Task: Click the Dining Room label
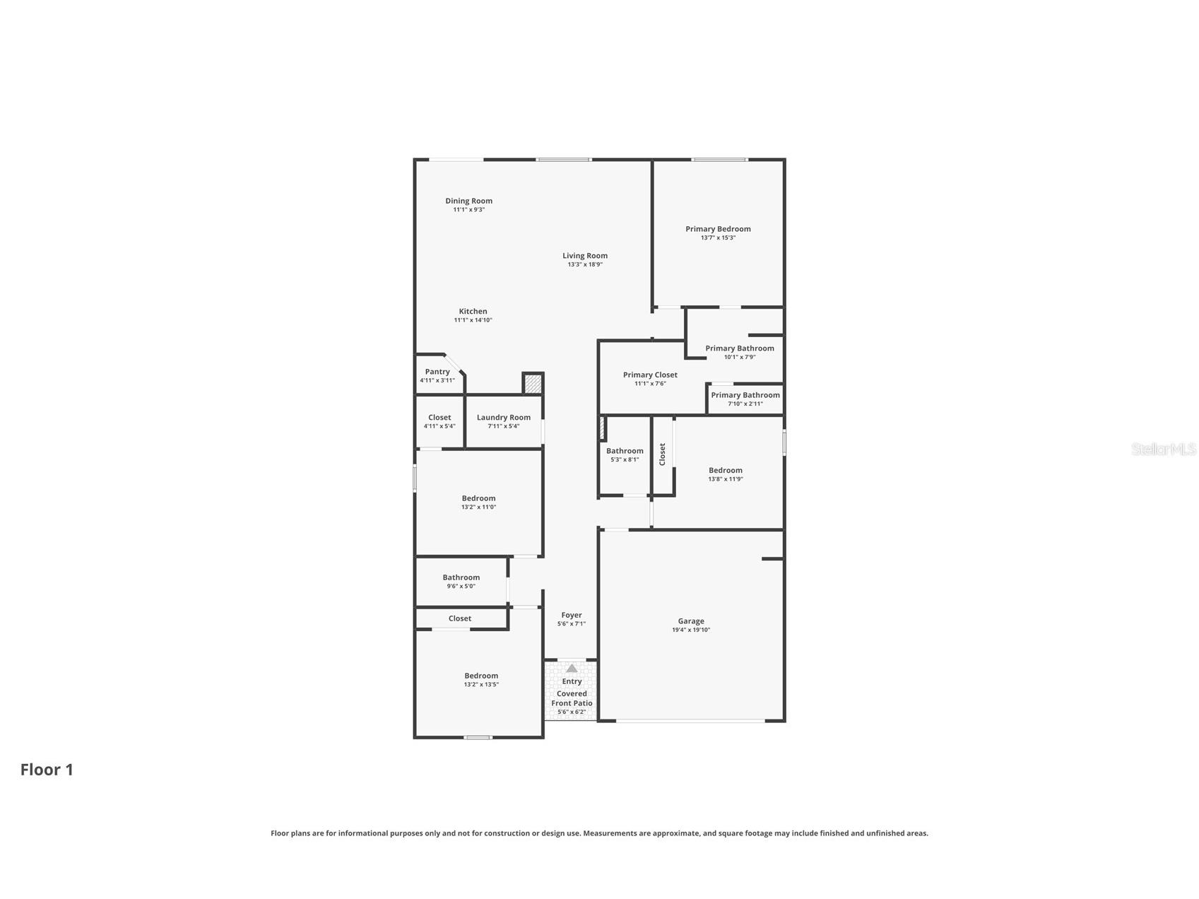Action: point(468,201)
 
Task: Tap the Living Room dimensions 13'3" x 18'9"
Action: point(585,265)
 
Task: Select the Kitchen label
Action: point(473,311)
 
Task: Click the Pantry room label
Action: point(437,372)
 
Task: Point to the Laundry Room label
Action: point(503,418)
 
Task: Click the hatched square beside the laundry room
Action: point(533,384)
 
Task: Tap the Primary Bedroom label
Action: point(718,229)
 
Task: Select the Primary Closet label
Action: point(650,375)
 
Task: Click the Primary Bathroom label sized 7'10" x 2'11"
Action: point(745,395)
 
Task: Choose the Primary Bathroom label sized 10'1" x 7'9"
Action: point(739,348)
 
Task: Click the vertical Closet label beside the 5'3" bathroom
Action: point(662,454)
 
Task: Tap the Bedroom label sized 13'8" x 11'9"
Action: point(726,471)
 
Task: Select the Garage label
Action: point(691,621)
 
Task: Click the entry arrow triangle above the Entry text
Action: point(572,669)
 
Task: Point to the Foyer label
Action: point(572,616)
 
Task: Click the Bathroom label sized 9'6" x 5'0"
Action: point(461,577)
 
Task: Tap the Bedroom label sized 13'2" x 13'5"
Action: point(481,676)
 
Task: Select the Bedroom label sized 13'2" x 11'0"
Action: point(478,498)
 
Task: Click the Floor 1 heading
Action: point(47,770)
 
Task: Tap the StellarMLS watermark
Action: point(1163,449)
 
